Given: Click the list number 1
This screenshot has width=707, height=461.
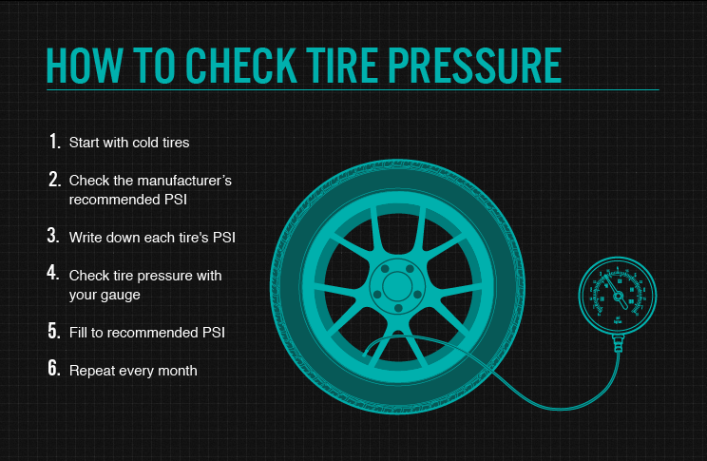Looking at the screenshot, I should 54,142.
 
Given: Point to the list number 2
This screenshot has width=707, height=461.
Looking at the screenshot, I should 54,179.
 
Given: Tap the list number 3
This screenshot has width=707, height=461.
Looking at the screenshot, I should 54,236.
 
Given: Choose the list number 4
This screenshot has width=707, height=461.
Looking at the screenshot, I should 54,274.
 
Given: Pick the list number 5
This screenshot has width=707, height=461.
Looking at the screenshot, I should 54,332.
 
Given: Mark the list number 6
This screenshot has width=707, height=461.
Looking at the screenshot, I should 54,370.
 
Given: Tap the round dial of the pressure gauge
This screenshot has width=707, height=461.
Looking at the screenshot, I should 618,298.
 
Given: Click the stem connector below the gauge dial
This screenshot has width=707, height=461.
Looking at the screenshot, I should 618,347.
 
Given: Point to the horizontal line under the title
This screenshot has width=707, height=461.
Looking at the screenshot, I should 352,90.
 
